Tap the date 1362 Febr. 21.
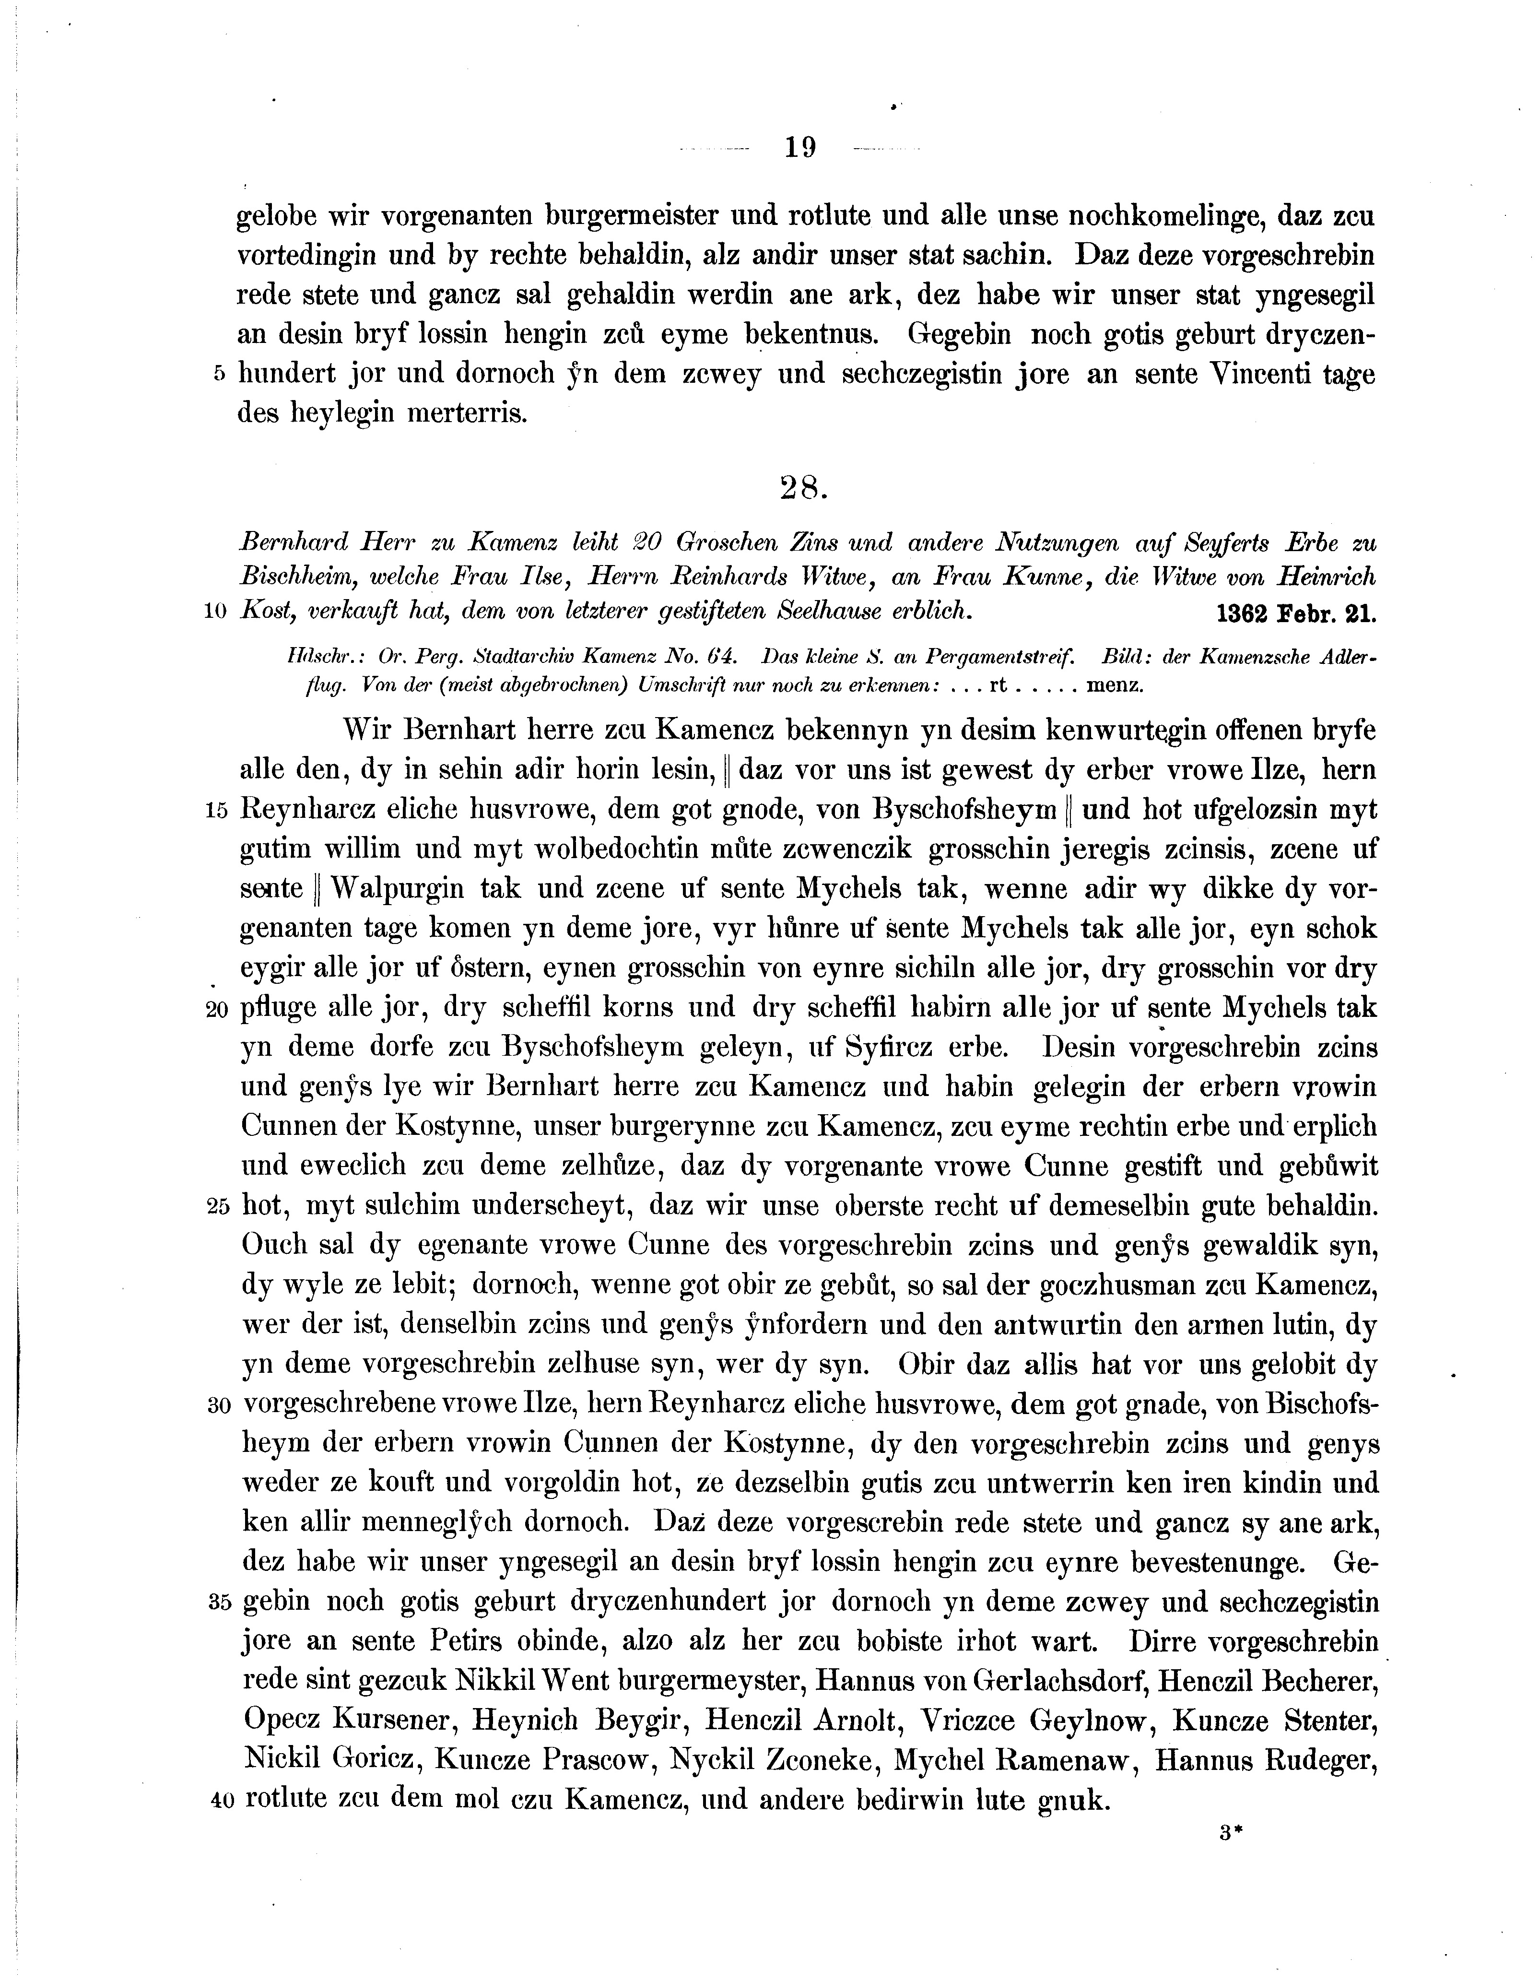coord(1295,613)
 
